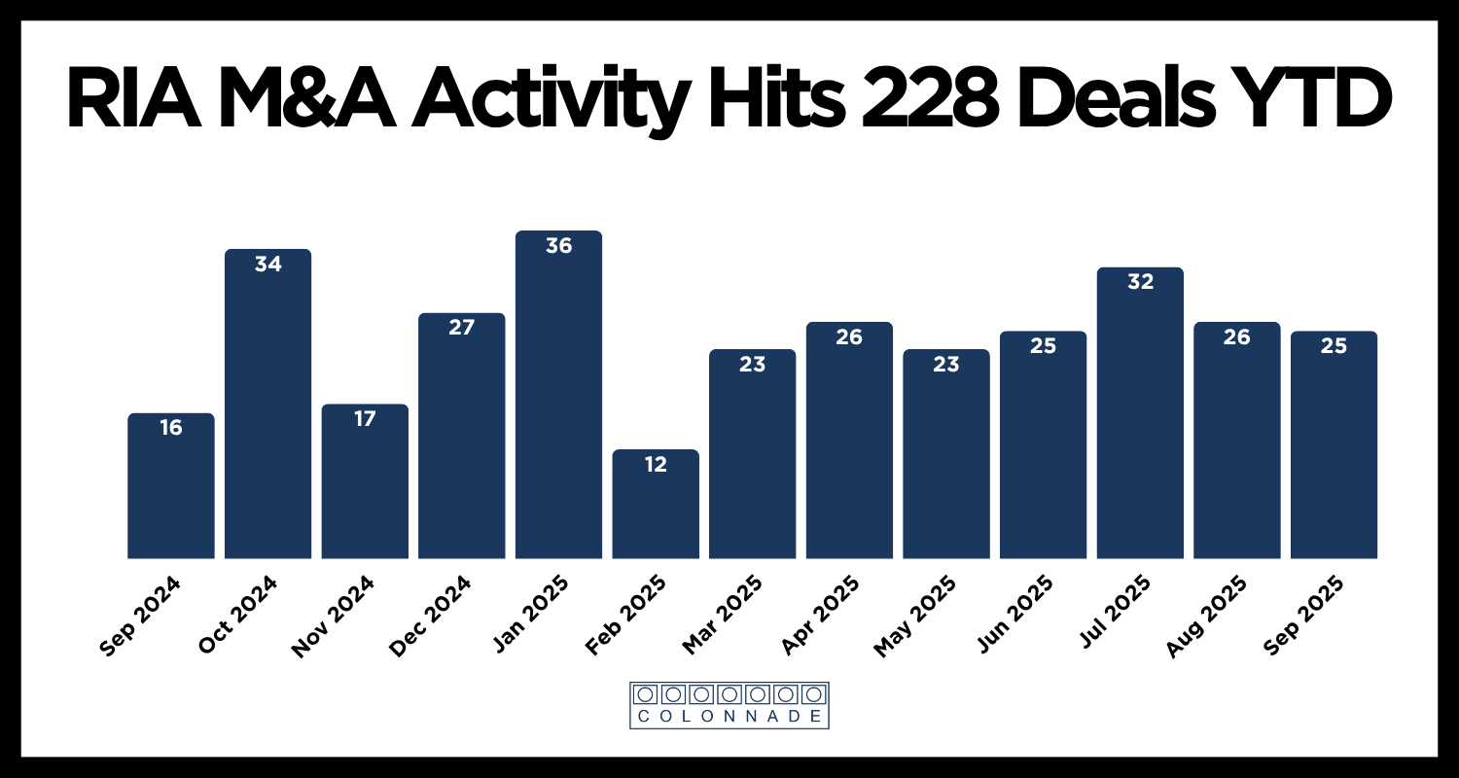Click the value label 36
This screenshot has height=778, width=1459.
point(558,247)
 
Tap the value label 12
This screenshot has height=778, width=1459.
point(656,465)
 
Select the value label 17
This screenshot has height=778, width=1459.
point(365,419)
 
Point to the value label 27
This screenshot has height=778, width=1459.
point(461,328)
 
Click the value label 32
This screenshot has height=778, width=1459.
point(1140,283)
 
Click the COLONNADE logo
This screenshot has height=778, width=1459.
point(729,705)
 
